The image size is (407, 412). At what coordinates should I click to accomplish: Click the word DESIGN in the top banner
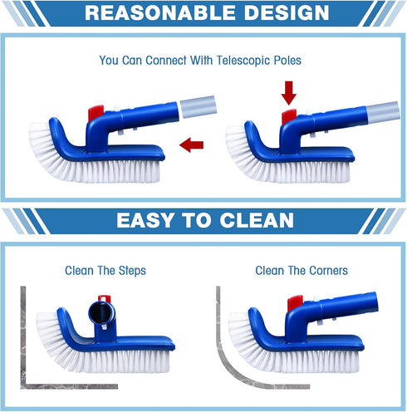tap(277, 12)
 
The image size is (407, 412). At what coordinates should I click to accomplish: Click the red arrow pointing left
tap(192, 146)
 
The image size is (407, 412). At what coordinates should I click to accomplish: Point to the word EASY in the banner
tap(148, 221)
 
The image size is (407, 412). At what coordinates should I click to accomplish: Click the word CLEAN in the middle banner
tap(254, 221)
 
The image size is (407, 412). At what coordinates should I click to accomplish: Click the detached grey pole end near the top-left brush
tap(199, 106)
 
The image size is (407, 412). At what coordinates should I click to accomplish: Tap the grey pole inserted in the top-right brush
tap(378, 110)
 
